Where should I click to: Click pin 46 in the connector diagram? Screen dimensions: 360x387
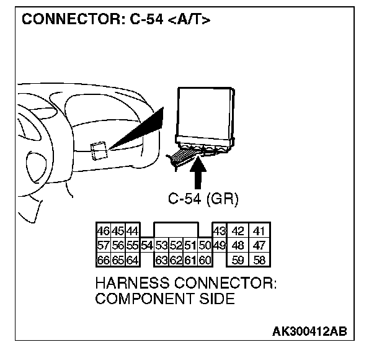coord(103,230)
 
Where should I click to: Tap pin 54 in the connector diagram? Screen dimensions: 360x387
coord(146,245)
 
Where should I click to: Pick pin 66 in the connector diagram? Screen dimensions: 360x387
coord(103,259)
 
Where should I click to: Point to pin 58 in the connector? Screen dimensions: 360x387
coord(259,259)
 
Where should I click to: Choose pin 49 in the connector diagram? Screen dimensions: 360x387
coord(219,245)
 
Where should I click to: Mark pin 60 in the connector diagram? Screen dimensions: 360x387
coord(205,259)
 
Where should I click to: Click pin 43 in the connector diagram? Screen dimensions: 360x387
coord(219,230)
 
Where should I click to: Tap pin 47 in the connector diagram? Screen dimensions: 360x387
coord(259,245)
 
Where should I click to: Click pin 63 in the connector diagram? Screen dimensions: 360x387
coord(161,259)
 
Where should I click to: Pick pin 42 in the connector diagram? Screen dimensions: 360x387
coord(238,230)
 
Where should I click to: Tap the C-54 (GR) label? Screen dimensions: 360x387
coord(203,199)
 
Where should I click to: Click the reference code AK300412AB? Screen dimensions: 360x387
coord(310,331)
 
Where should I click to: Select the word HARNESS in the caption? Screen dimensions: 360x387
coord(128,284)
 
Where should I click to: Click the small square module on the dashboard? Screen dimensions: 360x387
coord(100,150)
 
